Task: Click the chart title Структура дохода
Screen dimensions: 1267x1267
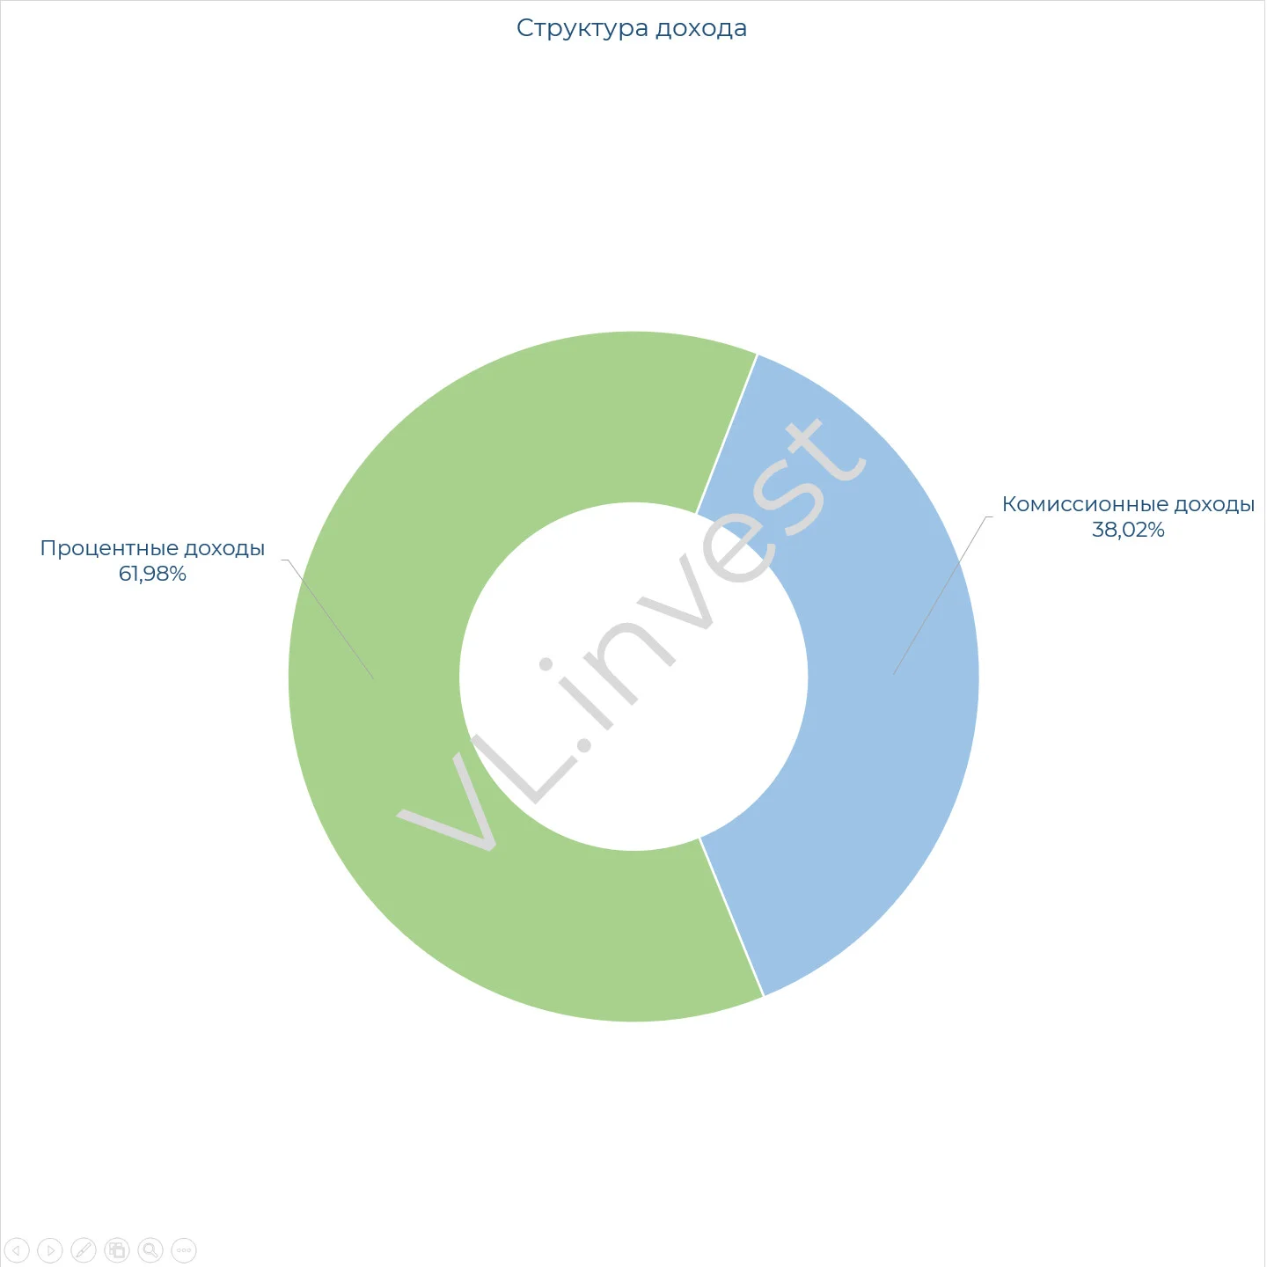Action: [x=631, y=28]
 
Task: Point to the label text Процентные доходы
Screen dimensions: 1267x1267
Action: [x=152, y=547]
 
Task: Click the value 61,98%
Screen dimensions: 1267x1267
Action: [x=152, y=574]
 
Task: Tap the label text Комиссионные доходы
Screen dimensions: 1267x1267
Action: [x=1128, y=504]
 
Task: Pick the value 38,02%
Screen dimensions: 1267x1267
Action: [x=1128, y=530]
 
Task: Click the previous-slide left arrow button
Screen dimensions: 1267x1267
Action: [x=17, y=1250]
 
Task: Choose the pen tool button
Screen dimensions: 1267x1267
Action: [x=84, y=1250]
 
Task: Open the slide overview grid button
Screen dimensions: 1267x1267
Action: [x=117, y=1250]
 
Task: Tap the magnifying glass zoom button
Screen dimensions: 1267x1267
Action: [x=150, y=1250]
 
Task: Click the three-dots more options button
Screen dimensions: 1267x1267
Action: [x=184, y=1250]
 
